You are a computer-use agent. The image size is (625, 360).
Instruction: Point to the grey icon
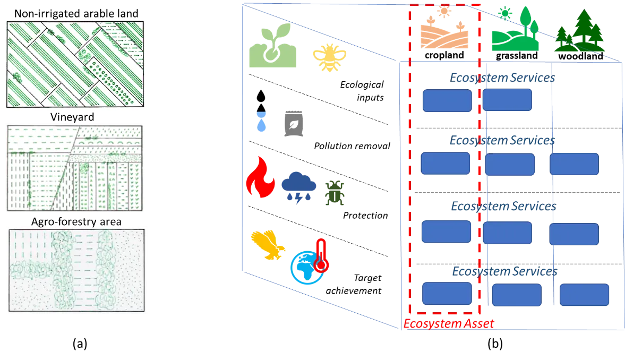tap(293, 125)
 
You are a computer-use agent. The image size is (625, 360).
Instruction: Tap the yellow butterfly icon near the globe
tap(268, 244)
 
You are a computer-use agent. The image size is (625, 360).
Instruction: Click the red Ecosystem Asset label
tap(449, 323)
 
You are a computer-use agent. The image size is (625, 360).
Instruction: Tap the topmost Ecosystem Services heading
tap(502, 78)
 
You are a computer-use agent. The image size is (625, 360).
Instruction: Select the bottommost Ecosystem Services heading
tap(504, 271)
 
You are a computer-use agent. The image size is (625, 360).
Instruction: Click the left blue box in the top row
tap(447, 101)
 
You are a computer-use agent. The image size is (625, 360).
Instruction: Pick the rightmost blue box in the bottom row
tap(584, 295)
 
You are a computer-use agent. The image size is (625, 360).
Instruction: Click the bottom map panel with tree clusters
tap(76, 269)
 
